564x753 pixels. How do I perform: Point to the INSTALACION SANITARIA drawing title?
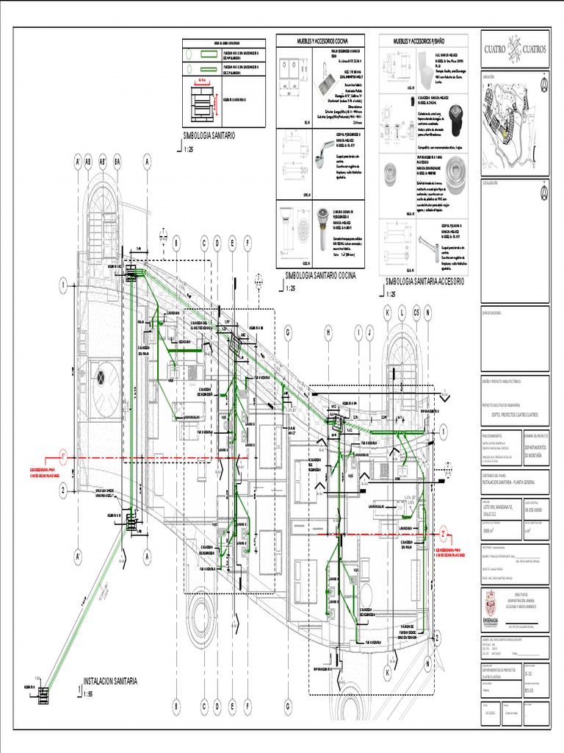[x=110, y=682]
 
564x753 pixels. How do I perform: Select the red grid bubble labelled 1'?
[x=64, y=457]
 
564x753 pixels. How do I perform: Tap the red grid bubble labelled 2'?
[x=444, y=533]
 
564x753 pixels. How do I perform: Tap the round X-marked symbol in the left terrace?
[x=101, y=378]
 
